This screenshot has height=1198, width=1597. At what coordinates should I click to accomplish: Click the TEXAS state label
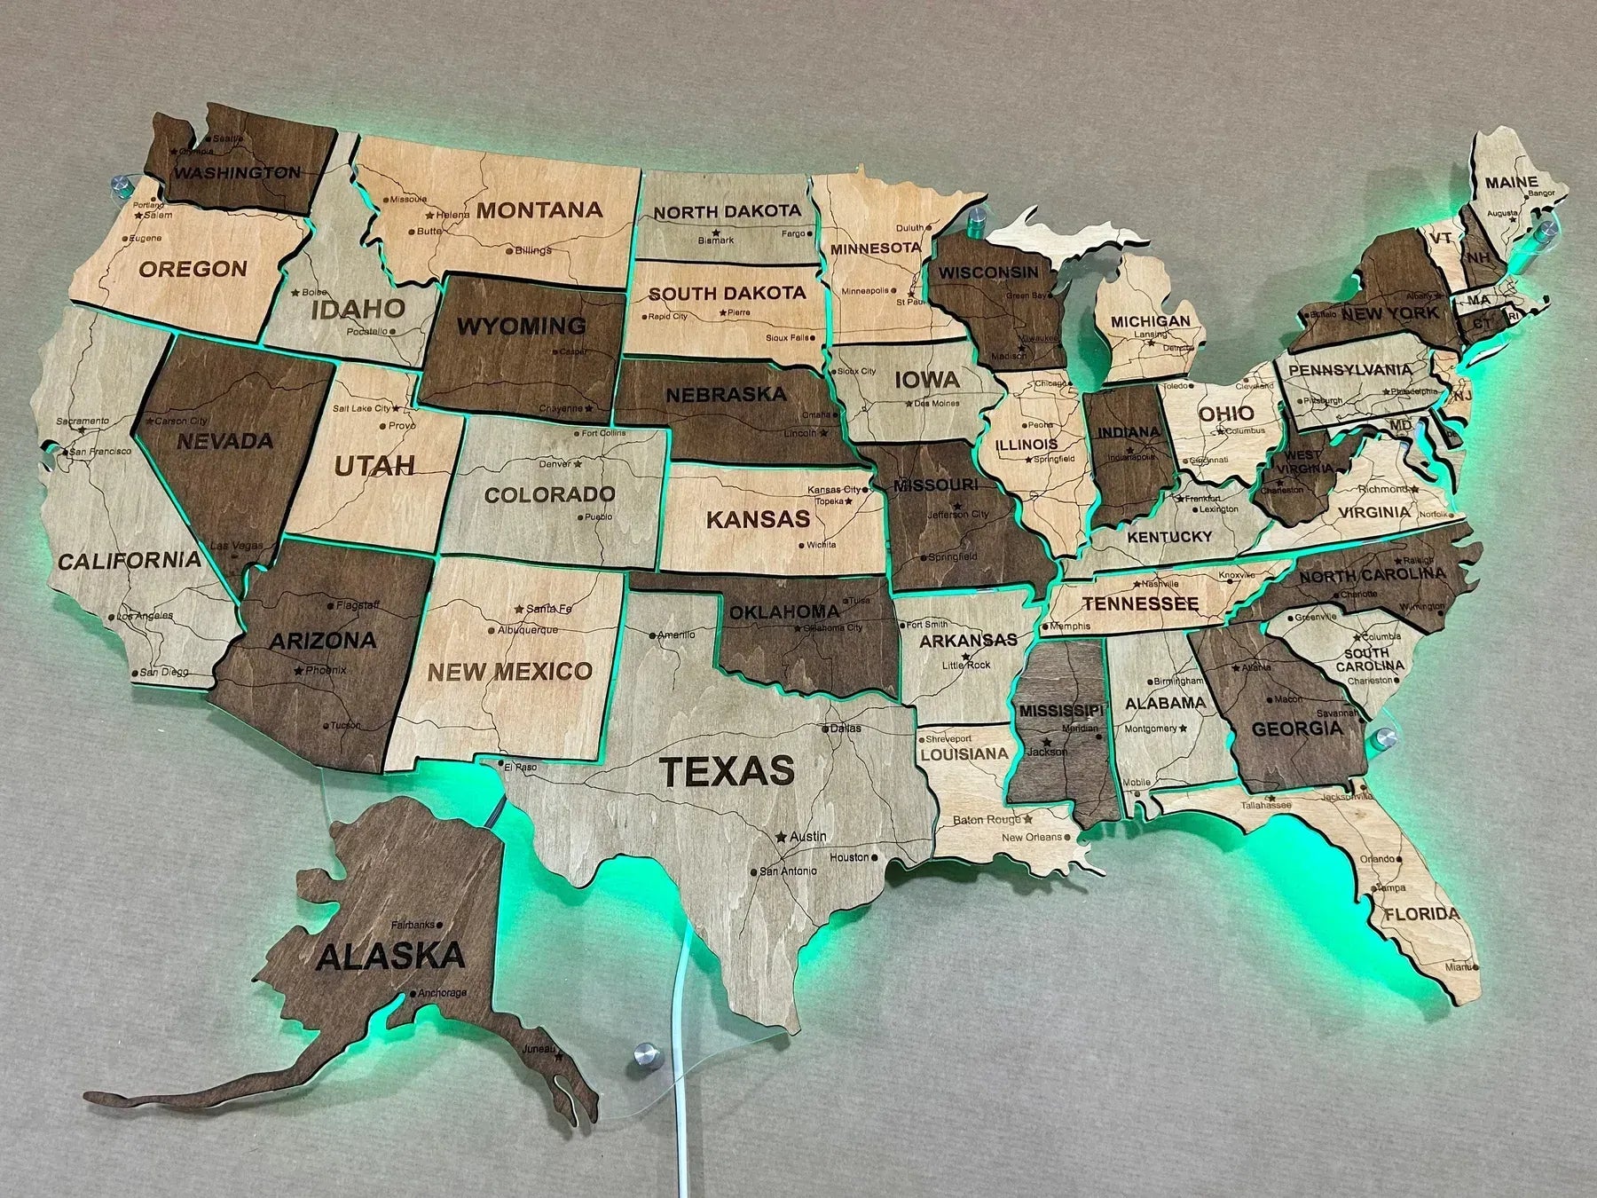coord(728,770)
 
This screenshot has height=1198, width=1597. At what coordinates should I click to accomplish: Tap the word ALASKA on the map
coord(390,957)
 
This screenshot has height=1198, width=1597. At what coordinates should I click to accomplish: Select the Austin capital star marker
coord(781,837)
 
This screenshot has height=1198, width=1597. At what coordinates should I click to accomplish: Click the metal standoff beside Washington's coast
coord(121,188)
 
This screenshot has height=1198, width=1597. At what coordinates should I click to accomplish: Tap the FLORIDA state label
coord(1421,914)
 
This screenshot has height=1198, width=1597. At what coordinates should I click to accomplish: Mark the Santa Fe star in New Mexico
coord(519,609)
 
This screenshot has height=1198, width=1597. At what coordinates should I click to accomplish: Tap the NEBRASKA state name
coord(726,393)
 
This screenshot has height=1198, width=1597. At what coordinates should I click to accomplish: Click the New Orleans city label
coord(1031,837)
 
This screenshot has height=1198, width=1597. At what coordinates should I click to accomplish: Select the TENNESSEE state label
coord(1140,604)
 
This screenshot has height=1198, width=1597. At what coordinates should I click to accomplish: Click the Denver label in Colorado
coord(556,463)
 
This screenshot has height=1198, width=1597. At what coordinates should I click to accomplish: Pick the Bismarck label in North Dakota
coord(715,240)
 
